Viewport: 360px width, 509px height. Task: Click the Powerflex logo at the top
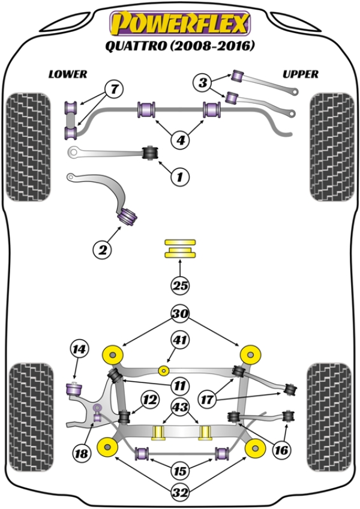(x=178, y=24)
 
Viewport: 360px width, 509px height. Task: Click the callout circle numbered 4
(x=179, y=140)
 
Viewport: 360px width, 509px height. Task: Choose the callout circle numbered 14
(x=78, y=348)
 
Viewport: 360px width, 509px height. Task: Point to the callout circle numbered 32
(x=179, y=494)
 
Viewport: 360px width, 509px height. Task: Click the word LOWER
(x=68, y=74)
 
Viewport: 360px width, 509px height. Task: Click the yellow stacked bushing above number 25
(x=180, y=249)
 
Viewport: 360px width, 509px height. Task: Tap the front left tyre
(x=28, y=146)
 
